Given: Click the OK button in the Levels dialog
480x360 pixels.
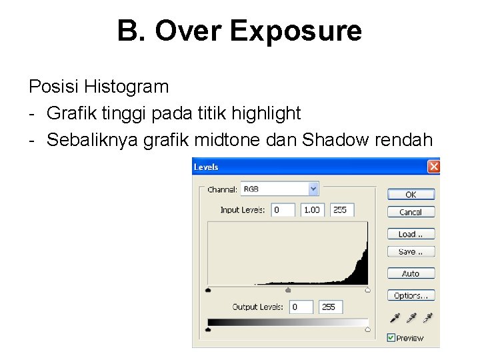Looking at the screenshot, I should coord(411,194).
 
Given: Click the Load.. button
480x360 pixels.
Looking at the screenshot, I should coord(411,234).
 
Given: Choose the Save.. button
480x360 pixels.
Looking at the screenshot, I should coord(411,251).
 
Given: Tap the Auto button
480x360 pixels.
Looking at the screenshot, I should coord(411,273).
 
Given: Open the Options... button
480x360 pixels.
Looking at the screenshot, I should coord(411,295).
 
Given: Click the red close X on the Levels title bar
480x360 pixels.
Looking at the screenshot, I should coord(433,167).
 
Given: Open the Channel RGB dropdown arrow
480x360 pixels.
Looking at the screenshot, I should coord(313,189).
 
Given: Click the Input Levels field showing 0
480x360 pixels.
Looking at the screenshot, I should coord(283,209).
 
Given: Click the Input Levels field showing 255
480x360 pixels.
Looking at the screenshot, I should coord(342,209).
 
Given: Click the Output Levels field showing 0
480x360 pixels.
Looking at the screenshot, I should coord(301,307).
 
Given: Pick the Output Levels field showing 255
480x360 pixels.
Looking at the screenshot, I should coord(331,307).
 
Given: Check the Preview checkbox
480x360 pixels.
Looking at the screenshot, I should coord(391,338).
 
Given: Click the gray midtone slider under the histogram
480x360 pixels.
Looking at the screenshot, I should coord(288,290).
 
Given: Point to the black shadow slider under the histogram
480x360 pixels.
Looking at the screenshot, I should coord(209,290).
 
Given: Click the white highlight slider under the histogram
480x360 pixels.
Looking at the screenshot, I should coord(368,290).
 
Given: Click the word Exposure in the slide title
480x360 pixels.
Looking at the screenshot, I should coord(295,31).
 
